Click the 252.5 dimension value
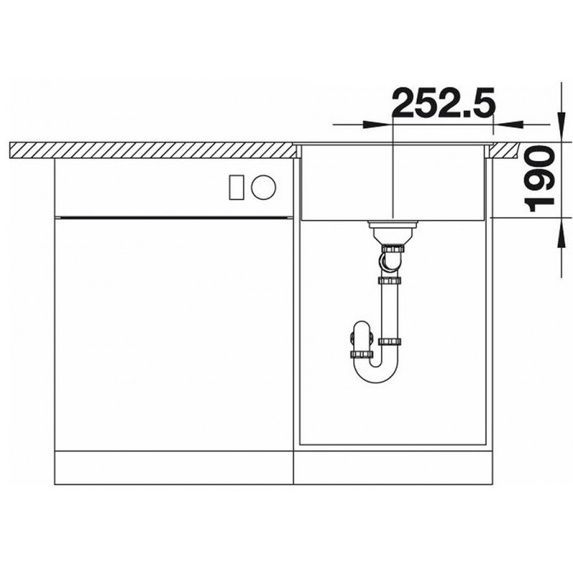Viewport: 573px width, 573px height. coord(443,102)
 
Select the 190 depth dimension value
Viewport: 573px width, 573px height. coord(539,179)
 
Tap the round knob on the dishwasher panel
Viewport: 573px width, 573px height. coord(264,188)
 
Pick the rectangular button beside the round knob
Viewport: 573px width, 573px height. coord(236,188)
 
